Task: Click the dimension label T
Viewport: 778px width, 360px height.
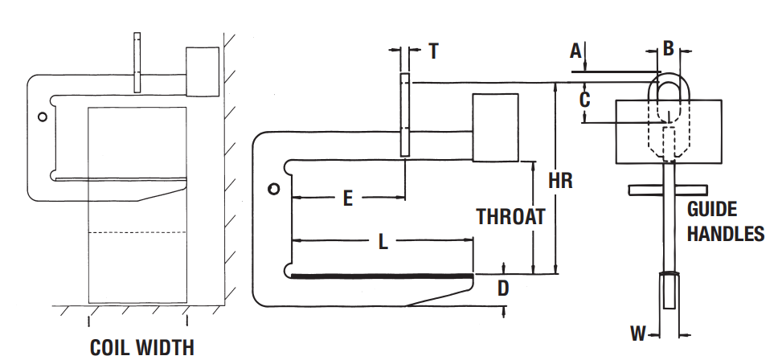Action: tap(434, 51)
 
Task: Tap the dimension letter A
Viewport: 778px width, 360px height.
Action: tap(575, 51)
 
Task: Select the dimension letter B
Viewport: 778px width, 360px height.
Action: tap(669, 48)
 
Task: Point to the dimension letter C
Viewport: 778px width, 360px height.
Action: tap(585, 99)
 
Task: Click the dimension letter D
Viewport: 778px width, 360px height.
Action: tap(503, 288)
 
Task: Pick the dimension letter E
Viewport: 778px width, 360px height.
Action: tap(348, 198)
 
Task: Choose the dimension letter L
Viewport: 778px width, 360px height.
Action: tap(383, 242)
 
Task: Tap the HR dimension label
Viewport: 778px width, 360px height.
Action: tap(560, 181)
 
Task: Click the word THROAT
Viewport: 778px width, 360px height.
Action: tap(510, 217)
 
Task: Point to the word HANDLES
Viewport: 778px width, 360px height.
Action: tap(726, 234)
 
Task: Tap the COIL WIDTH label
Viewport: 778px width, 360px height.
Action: tap(142, 348)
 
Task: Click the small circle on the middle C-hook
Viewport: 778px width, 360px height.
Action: tap(273, 189)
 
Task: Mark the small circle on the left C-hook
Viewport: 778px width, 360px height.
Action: tap(43, 117)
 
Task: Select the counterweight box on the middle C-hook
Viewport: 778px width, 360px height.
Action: tap(495, 128)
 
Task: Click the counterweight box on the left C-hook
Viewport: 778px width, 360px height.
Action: tap(203, 72)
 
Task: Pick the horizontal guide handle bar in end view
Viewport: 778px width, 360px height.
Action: tap(667, 190)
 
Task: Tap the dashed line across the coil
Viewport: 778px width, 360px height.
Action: tap(137, 232)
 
